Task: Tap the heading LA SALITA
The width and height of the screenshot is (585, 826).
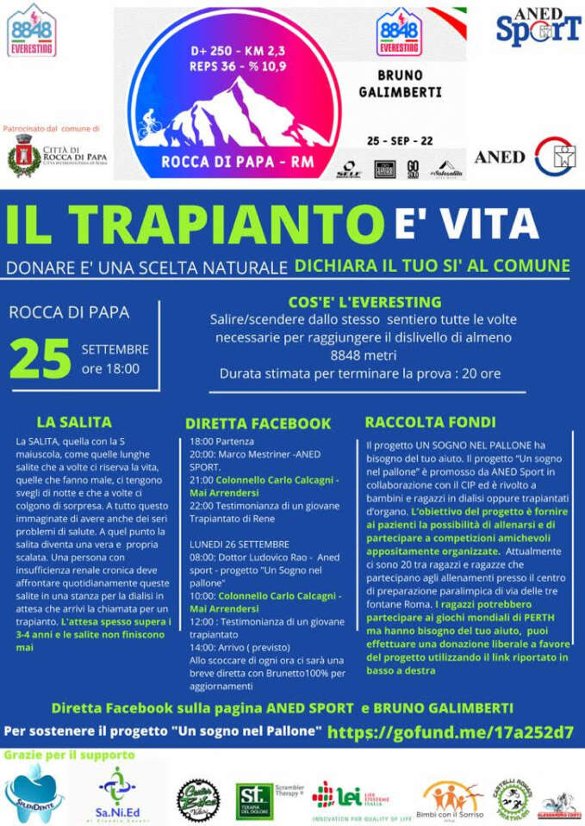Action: tap(74, 422)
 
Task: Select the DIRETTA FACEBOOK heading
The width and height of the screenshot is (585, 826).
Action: tap(258, 422)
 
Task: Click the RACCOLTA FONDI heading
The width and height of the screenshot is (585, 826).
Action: tap(430, 422)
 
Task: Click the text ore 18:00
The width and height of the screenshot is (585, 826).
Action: tap(110, 369)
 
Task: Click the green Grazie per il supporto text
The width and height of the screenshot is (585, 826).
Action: tap(69, 755)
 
